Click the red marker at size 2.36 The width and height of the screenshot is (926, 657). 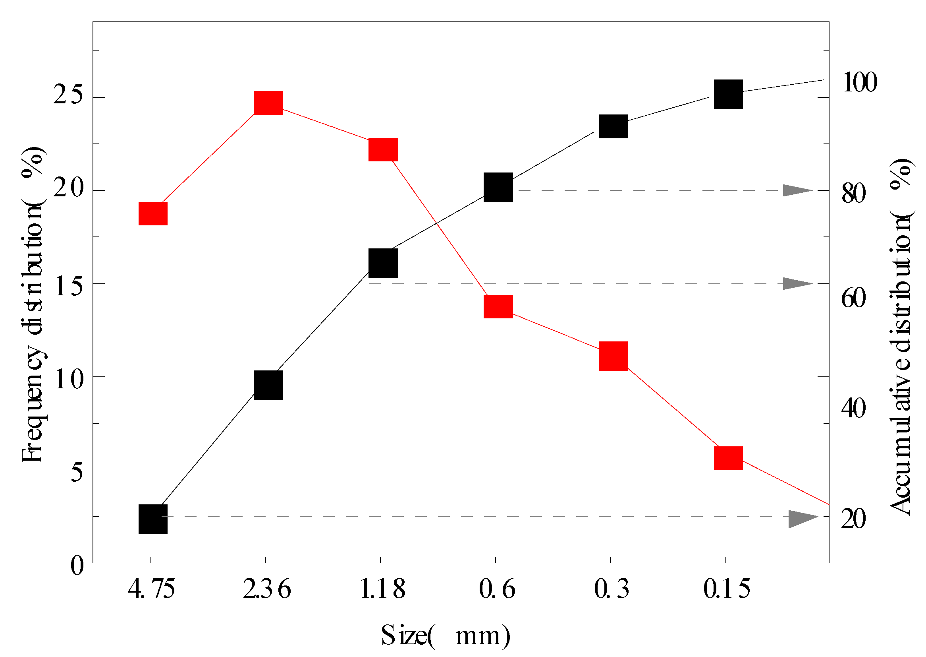pyautogui.click(x=268, y=103)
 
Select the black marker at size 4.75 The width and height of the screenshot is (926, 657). pyautogui.click(x=153, y=519)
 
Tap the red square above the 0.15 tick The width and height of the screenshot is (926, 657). pyautogui.click(x=728, y=458)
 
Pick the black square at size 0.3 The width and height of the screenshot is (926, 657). pyautogui.click(x=613, y=126)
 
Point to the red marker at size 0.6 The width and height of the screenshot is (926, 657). pyautogui.click(x=498, y=306)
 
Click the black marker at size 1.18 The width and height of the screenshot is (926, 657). pyautogui.click(x=383, y=263)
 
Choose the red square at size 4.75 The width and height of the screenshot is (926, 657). pyautogui.click(x=153, y=213)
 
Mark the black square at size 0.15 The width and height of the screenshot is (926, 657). pyautogui.click(x=728, y=94)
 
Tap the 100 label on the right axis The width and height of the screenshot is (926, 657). pyautogui.click(x=859, y=83)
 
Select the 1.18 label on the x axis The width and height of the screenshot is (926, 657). pyautogui.click(x=382, y=589)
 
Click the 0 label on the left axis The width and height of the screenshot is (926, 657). pyautogui.click(x=77, y=566)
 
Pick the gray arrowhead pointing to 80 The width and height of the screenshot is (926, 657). pyautogui.click(x=796, y=190)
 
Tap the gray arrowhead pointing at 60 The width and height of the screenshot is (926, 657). pyautogui.click(x=796, y=284)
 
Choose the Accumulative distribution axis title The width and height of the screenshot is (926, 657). pyautogui.click(x=900, y=336)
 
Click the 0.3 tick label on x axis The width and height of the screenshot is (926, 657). pyautogui.click(x=612, y=589)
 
